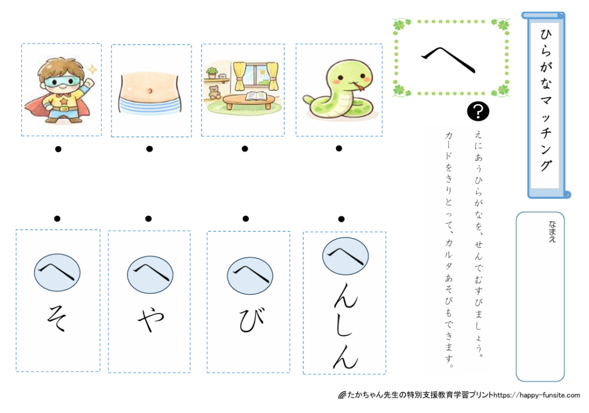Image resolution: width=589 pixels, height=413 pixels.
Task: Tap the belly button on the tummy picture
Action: pyautogui.click(x=150, y=90)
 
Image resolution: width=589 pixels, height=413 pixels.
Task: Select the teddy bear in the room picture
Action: pyautogui.click(x=214, y=92)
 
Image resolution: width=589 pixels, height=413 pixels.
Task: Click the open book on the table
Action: pyautogui.click(x=257, y=97)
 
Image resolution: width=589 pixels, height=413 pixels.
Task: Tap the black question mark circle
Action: pyautogui.click(x=478, y=111)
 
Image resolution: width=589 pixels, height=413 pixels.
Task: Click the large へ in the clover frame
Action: pyautogui.click(x=448, y=60)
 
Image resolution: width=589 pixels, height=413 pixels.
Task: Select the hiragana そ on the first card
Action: pyautogui.click(x=57, y=318)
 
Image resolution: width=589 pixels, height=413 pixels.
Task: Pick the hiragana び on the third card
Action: pyautogui.click(x=252, y=320)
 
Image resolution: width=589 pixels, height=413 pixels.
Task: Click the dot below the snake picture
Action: pyautogui.click(x=339, y=148)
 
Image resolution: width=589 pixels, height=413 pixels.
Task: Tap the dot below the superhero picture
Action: pyautogui.click(x=58, y=149)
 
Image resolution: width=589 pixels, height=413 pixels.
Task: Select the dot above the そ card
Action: pyautogui.click(x=57, y=219)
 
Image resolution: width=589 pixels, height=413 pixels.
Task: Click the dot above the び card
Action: pyautogui.click(x=246, y=219)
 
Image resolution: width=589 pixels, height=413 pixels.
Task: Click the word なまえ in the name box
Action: pyautogui.click(x=552, y=231)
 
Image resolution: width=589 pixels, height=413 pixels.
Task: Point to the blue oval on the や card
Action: pyautogui.click(x=150, y=275)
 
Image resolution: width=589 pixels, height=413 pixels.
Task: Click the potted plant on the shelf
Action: pyautogui.click(x=212, y=72)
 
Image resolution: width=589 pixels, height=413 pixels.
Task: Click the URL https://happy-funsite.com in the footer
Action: pyautogui.click(x=537, y=395)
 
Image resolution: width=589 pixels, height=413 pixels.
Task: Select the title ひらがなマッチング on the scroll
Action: pyautogui.click(x=546, y=100)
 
